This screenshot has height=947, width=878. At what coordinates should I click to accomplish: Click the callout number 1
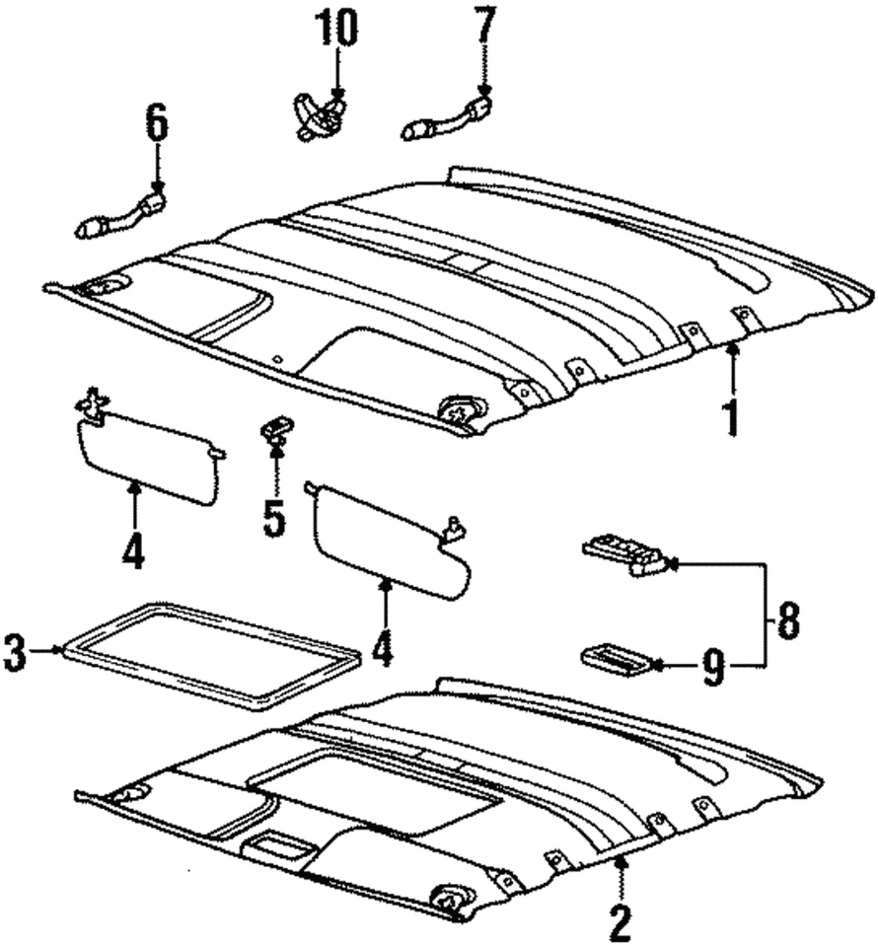click(731, 415)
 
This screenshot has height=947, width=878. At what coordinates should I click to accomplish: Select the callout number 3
click(15, 652)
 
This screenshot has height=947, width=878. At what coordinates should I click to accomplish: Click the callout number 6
click(157, 124)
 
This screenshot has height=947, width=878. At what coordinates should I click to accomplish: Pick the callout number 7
click(483, 29)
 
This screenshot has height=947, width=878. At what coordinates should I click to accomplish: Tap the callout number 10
click(338, 29)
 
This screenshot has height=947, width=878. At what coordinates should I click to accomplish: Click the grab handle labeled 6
click(118, 217)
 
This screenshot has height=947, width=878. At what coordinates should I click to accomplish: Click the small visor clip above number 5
click(275, 428)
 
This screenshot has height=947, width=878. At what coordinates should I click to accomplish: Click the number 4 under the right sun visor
click(382, 645)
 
